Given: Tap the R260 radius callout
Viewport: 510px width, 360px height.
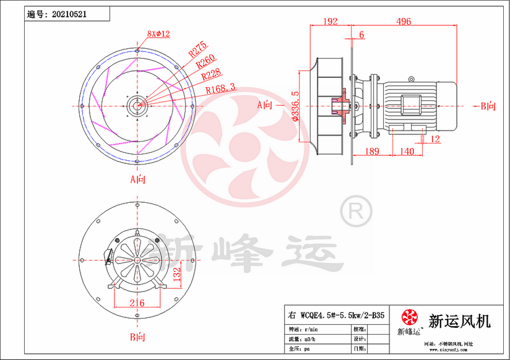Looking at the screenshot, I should pyautogui.click(x=206, y=61).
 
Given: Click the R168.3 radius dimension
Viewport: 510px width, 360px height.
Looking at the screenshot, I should pyautogui.click(x=220, y=88).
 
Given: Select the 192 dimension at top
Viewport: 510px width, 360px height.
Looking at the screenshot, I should pyautogui.click(x=331, y=22).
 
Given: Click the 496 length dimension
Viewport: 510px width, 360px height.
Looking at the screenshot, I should pyautogui.click(x=404, y=22).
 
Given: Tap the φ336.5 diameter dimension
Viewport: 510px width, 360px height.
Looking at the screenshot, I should pyautogui.click(x=296, y=106).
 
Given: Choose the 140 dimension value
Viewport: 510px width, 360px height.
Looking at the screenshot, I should pyautogui.click(x=407, y=152).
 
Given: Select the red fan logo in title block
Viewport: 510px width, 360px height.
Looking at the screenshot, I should pyautogui.click(x=409, y=319).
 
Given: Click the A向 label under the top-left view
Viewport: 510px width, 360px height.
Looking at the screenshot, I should pyautogui.click(x=137, y=179).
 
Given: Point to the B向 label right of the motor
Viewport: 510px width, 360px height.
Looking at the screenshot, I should pyautogui.click(x=488, y=106).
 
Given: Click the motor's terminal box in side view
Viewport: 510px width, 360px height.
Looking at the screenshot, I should pyautogui.click(x=412, y=104).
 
